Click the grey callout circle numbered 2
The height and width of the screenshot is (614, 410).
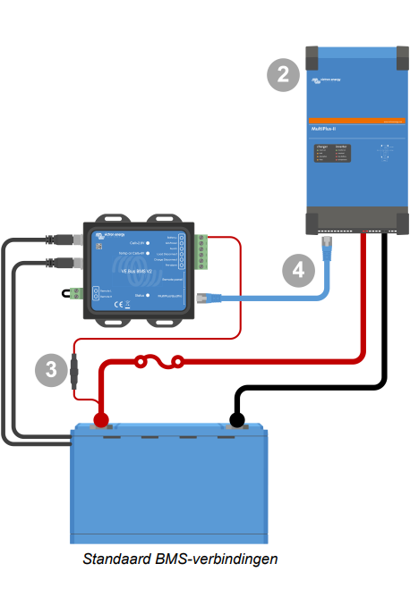tap(284, 76)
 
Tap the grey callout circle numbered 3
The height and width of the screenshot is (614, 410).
tap(51, 368)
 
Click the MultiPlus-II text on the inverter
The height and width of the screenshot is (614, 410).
tap(324, 131)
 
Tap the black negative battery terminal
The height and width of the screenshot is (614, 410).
tap(237, 419)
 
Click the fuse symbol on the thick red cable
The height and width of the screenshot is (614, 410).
tap(158, 362)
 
